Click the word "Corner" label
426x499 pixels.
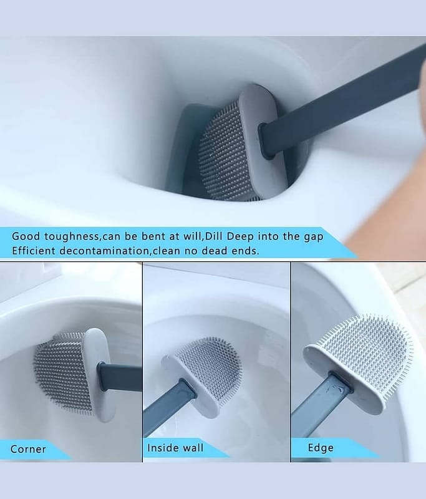(x=28, y=449)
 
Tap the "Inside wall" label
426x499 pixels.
(x=175, y=448)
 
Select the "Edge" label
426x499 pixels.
(x=321, y=448)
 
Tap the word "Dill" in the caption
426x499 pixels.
(x=214, y=236)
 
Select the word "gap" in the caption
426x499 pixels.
(x=313, y=237)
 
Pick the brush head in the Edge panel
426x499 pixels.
(x=358, y=364)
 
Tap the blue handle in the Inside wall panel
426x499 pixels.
(x=168, y=407)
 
